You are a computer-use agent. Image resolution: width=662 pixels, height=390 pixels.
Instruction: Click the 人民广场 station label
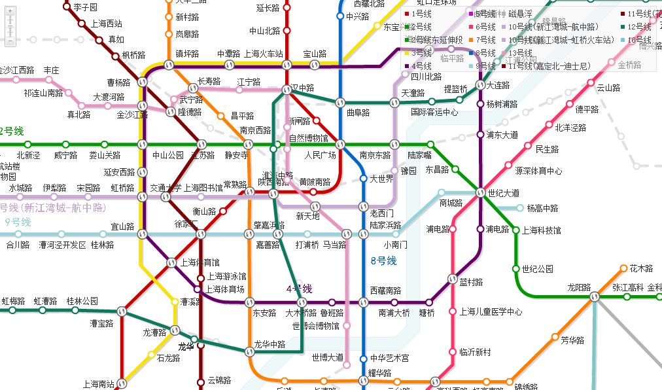coord(320,156)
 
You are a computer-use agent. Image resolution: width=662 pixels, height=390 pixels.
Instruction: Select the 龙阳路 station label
coord(578,287)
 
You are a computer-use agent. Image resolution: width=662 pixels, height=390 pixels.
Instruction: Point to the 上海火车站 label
coord(263,54)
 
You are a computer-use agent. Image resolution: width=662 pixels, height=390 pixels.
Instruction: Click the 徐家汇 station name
coord(186,224)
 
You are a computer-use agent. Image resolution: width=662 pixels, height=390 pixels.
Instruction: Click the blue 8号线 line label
coord(383,261)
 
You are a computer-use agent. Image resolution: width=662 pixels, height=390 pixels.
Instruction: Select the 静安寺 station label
coord(236,156)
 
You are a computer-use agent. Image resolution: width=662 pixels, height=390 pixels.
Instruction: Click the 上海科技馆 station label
coord(540,230)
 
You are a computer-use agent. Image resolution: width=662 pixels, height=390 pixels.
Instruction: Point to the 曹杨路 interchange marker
coord(143,82)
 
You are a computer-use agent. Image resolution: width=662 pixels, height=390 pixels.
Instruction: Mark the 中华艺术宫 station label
coord(389,358)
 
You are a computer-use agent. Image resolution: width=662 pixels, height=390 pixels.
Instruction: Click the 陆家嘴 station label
coord(419,156)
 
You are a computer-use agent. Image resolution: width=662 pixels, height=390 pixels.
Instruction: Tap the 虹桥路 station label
coord(122,188)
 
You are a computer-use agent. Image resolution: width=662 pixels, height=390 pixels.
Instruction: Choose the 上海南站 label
coord(99,384)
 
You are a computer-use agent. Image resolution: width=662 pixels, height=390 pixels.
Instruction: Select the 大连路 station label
coord(498,86)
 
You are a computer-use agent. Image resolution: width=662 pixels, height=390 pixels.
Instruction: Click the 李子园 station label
coord(85,7)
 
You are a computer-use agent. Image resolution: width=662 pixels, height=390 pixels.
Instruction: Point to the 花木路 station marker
coord(623,268)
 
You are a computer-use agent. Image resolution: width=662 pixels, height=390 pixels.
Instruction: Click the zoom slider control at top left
coord(10,26)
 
